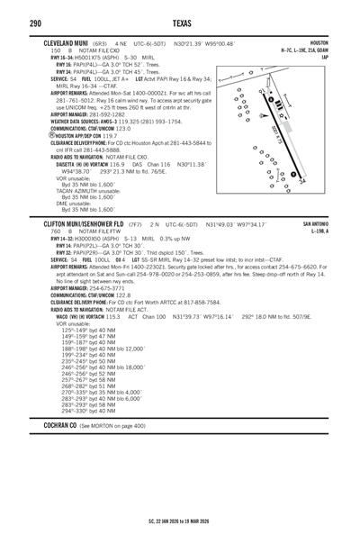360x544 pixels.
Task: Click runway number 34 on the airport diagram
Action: (327, 180)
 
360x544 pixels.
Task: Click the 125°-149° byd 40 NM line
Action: (88, 330)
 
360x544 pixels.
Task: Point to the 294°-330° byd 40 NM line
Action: (88, 410)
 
